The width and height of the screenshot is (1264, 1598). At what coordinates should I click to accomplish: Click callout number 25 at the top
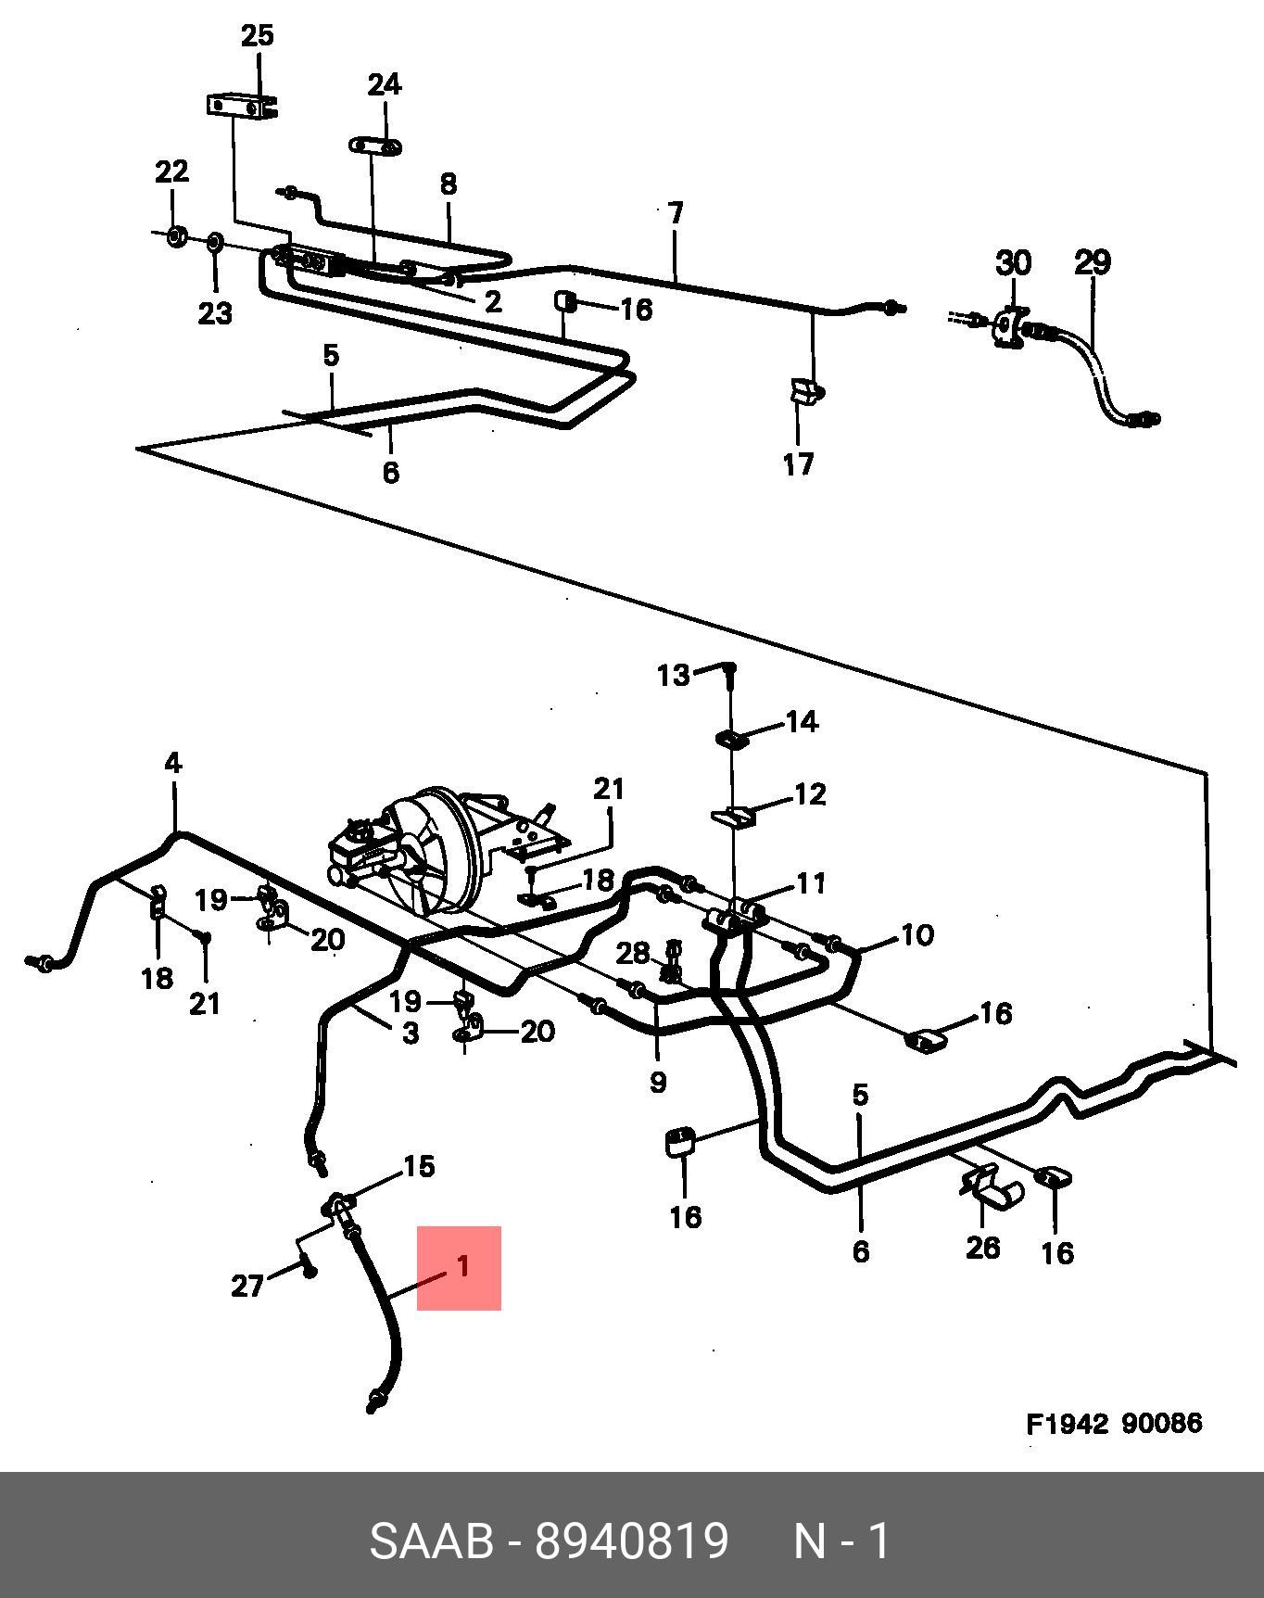(x=258, y=35)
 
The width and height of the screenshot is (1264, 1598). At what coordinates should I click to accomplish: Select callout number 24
(x=385, y=84)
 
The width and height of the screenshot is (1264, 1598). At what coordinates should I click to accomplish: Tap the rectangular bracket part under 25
(x=242, y=106)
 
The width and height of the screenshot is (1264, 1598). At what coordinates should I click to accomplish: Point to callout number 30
(x=1013, y=262)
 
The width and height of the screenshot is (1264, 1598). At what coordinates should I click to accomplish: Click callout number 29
(x=1093, y=262)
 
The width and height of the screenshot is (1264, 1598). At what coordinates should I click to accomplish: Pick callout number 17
(x=798, y=463)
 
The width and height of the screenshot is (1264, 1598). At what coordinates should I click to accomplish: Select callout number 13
(x=674, y=675)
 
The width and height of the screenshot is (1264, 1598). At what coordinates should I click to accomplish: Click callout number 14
(x=803, y=721)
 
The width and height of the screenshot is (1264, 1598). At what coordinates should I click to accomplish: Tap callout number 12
(x=810, y=794)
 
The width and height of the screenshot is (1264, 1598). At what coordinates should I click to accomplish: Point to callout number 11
(x=811, y=882)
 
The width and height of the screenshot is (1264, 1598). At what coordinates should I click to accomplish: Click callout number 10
(x=916, y=934)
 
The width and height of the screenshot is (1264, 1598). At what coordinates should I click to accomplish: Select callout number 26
(x=982, y=1247)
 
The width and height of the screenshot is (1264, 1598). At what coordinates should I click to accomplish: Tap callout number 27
(x=247, y=1286)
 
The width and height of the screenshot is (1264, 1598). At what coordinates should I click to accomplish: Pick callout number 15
(x=419, y=1166)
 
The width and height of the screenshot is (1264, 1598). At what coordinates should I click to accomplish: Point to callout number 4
(x=173, y=763)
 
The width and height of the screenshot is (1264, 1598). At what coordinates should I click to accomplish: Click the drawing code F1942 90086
(x=1114, y=1423)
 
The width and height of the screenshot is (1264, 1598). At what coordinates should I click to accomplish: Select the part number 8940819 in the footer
(x=632, y=1541)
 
